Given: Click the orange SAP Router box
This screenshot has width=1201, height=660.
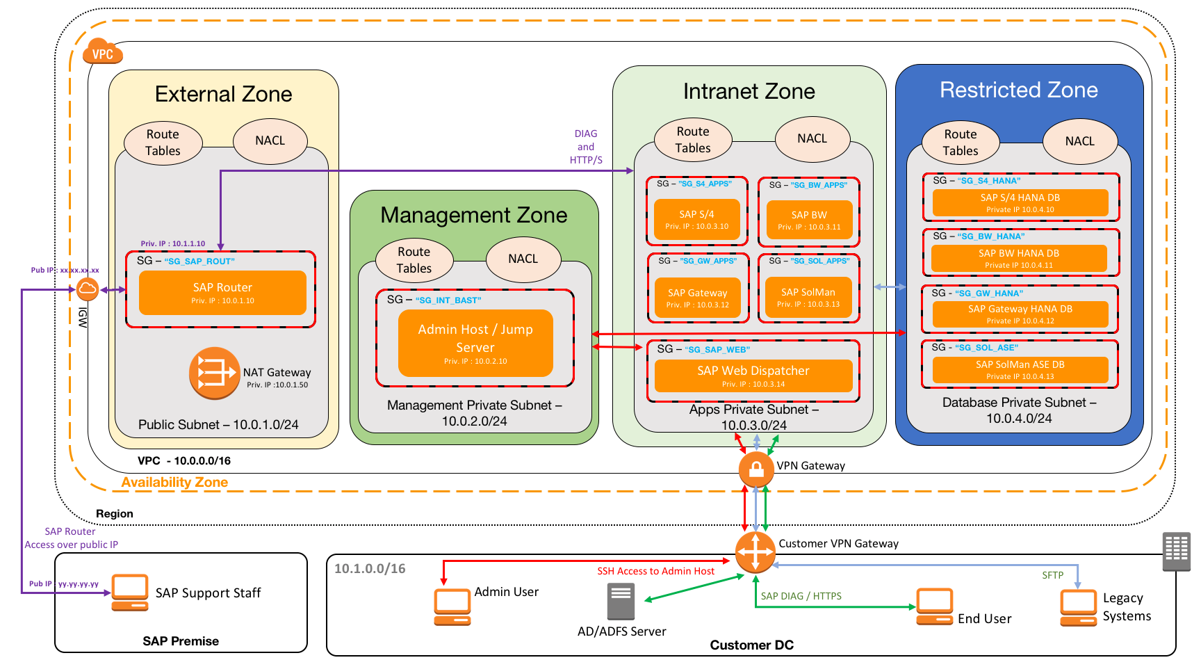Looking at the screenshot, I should [222, 293].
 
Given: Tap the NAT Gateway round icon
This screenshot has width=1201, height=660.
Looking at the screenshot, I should [214, 373].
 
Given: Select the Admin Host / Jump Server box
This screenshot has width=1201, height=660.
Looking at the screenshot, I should [475, 343].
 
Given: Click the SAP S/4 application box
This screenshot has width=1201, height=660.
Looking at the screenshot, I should [696, 219].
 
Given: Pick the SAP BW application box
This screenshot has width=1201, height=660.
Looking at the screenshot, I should [809, 220].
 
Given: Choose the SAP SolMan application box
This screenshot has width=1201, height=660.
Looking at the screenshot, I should [808, 297].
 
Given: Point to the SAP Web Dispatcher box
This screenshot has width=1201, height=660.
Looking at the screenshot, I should [753, 376].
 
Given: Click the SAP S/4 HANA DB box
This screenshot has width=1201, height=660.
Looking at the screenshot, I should [1020, 202].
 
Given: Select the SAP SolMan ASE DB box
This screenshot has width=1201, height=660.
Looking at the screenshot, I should [1020, 369].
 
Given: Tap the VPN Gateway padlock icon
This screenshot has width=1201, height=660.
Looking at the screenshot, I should [756, 469].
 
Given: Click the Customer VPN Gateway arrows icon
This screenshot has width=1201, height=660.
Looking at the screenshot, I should [755, 553].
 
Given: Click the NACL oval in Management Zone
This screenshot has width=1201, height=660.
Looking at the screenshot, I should [523, 259].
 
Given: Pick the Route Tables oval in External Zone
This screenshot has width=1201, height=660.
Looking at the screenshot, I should [163, 143].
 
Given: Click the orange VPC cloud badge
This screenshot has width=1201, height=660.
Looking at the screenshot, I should [103, 53].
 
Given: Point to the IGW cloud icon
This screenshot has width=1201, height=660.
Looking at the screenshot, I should [88, 289].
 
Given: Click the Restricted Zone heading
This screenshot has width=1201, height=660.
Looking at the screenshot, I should [1018, 90].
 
